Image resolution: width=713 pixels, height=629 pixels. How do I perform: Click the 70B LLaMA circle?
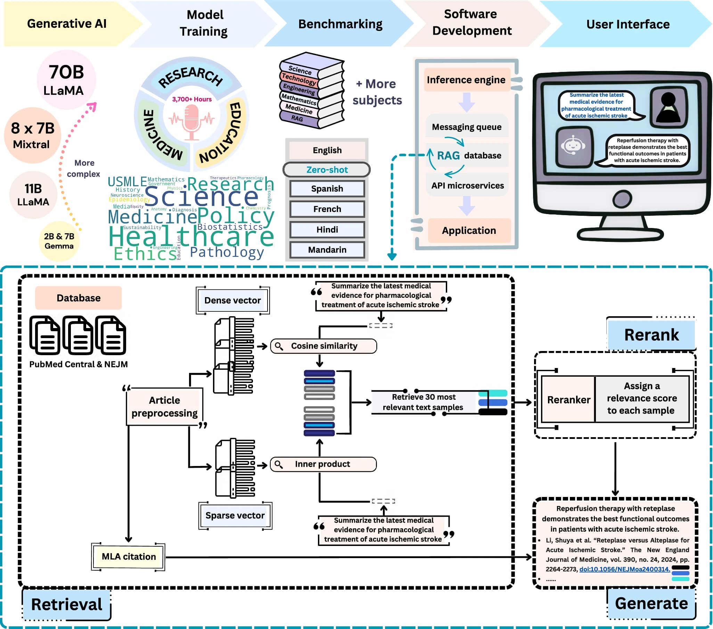pyautogui.click(x=66, y=80)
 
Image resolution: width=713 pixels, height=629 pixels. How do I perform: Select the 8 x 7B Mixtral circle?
pyautogui.click(x=32, y=136)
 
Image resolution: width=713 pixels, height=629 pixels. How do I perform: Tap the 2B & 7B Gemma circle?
pyautogui.click(x=59, y=241)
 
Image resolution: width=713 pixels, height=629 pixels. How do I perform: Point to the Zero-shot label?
pyautogui.click(x=327, y=170)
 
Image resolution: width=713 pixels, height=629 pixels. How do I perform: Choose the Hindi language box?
pyautogui.click(x=327, y=230)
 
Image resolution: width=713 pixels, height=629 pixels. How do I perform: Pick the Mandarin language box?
pyautogui.click(x=327, y=250)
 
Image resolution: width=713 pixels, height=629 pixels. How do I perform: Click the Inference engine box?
pyautogui.click(x=466, y=80)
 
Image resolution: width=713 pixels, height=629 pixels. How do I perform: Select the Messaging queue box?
pyautogui.click(x=466, y=126)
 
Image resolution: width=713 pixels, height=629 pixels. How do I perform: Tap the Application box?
pyautogui.click(x=469, y=230)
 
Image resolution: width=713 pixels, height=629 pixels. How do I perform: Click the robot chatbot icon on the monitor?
pyautogui.click(x=573, y=146)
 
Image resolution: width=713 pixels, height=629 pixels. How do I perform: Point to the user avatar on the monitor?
pyautogui.click(x=667, y=107)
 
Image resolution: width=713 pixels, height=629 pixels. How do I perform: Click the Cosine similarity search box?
pyautogui.click(x=323, y=346)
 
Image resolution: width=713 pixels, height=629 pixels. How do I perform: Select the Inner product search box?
pyautogui.click(x=323, y=464)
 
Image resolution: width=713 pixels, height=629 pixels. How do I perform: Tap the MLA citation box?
pyautogui.click(x=128, y=556)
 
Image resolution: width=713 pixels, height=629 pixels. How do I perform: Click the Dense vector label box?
pyautogui.click(x=232, y=300)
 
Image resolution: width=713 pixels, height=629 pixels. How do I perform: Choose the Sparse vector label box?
pyautogui.click(x=235, y=515)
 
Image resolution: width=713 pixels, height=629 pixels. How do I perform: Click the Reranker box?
pyautogui.click(x=568, y=399)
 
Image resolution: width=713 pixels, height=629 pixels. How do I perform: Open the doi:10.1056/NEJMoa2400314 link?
pyautogui.click(x=624, y=569)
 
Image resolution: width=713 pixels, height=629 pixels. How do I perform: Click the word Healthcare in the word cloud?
pyautogui.click(x=191, y=237)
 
